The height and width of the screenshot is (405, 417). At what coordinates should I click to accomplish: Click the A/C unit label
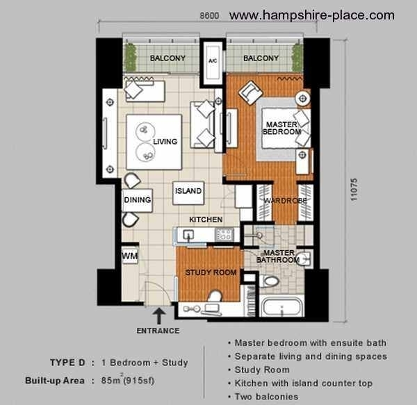tap(213, 61)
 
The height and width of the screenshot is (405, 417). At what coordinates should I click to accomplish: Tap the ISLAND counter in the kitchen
tap(188, 193)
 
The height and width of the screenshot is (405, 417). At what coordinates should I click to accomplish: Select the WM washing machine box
tap(130, 256)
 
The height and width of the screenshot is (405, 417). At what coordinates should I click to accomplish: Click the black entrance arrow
tap(158, 316)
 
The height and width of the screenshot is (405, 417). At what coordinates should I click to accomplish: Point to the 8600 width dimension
tap(210, 16)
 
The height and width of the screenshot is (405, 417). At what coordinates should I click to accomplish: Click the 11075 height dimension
tap(354, 190)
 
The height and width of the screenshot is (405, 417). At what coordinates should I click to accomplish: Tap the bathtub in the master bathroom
tap(283, 306)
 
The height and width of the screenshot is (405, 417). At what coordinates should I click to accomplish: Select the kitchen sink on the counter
tap(188, 235)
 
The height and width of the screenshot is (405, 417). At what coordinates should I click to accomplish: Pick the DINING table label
tap(137, 200)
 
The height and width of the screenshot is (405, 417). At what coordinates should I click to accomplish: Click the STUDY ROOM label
tap(211, 272)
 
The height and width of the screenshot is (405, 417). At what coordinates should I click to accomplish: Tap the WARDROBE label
tap(285, 201)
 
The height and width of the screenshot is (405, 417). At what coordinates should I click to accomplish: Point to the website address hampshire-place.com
tap(312, 15)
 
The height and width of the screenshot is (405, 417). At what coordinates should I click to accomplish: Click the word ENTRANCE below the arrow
tap(158, 331)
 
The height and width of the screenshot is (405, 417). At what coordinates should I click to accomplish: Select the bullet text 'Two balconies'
tap(266, 397)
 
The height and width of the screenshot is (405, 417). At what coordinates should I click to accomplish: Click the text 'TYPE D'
tap(67, 363)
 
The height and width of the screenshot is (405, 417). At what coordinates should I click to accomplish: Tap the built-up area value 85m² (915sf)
tap(128, 380)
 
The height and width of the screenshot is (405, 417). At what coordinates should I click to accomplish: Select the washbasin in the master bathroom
tap(304, 258)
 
